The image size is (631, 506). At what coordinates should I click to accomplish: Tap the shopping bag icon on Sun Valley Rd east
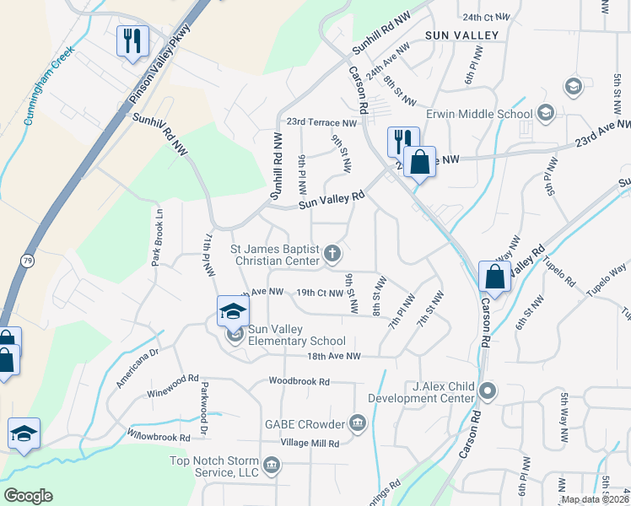494,277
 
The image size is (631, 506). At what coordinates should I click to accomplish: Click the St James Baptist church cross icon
334,252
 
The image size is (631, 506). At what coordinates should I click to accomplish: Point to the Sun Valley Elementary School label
297,341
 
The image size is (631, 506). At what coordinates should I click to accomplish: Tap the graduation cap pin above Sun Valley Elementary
233,311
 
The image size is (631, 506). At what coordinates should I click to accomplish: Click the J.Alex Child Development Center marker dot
488,390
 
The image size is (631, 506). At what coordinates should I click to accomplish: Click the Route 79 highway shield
27,261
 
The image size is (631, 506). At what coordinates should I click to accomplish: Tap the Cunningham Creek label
49,85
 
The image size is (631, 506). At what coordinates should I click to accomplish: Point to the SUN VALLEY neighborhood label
462,35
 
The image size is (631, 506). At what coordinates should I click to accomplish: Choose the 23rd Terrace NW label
322,121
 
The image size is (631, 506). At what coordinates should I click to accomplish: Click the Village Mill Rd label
309,444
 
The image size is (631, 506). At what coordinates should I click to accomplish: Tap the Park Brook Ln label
156,238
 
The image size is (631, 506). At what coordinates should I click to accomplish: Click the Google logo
29,496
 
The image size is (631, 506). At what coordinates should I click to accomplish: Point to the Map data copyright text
594,499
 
